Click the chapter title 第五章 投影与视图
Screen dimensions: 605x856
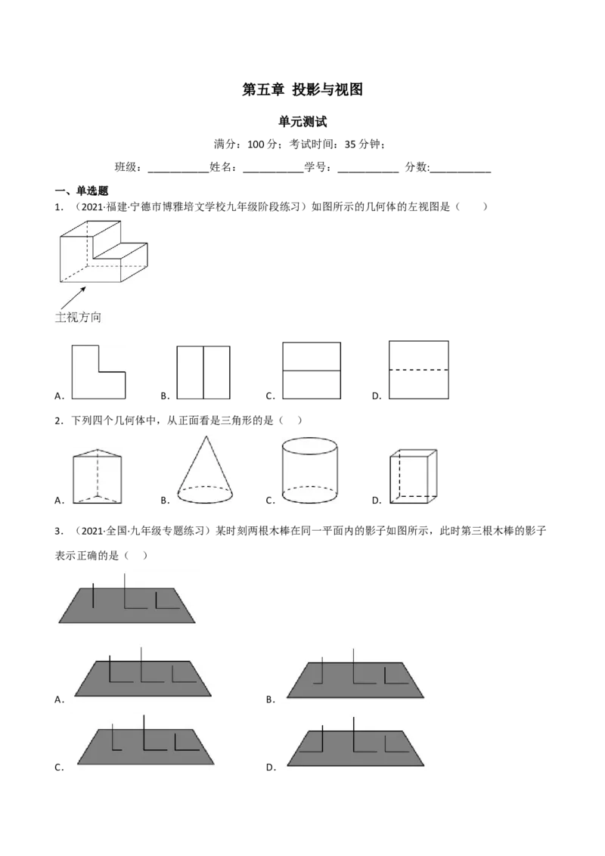click(302, 89)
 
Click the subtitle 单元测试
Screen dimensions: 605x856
click(302, 122)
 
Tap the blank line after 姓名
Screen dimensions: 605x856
click(273, 172)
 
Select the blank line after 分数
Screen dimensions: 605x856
click(461, 172)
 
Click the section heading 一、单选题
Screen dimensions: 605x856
click(82, 191)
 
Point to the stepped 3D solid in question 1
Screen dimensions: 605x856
click(104, 252)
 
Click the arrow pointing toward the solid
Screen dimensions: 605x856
click(73, 298)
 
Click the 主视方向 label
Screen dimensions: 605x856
click(78, 317)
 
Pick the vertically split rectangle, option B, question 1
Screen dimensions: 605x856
click(203, 372)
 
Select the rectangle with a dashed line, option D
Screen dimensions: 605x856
click(419, 370)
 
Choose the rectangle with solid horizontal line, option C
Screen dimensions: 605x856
click(312, 371)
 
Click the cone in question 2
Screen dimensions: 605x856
click(205, 470)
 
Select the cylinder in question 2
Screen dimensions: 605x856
click(309, 470)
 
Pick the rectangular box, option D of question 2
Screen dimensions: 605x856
click(414, 476)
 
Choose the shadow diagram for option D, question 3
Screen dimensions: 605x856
click(355, 742)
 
